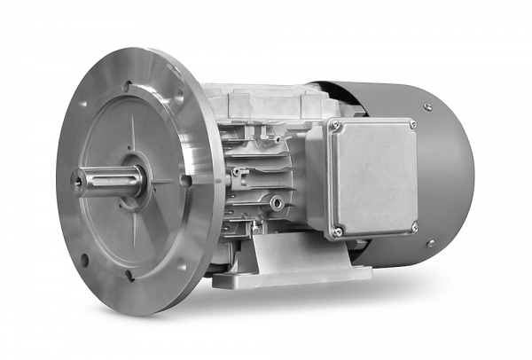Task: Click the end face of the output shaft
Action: [78, 183]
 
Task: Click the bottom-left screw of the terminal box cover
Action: [338, 232]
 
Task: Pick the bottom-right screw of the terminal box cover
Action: [413, 228]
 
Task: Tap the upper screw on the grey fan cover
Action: [427, 106]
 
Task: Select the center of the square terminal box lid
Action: [374, 177]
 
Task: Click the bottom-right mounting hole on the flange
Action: [182, 263]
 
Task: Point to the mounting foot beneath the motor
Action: [293, 262]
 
